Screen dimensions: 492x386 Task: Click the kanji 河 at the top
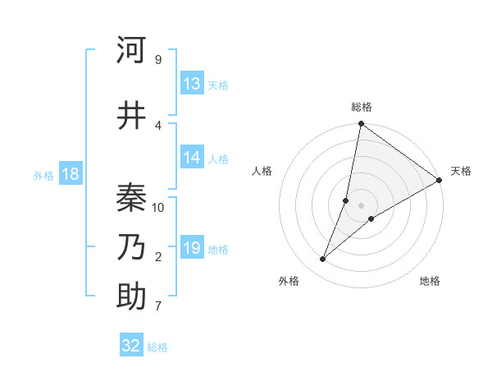[x=131, y=51]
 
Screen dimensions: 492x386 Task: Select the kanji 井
[x=131, y=116]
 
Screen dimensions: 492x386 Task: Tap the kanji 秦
[x=131, y=198]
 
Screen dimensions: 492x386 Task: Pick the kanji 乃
[x=131, y=247]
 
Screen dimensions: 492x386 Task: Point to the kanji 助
[x=131, y=297]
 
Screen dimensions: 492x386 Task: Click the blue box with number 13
[x=192, y=84]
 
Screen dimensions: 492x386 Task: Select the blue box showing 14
[x=192, y=159]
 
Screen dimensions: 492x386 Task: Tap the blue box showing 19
[x=192, y=248]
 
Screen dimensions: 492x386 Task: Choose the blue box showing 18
[x=70, y=174]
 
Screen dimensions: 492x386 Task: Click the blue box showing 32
[x=131, y=346]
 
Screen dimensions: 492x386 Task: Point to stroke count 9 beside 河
[x=157, y=59]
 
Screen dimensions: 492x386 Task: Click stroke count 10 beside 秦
[x=158, y=207]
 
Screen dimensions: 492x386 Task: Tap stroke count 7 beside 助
[x=157, y=306]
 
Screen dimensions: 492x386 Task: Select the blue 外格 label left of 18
[x=43, y=175]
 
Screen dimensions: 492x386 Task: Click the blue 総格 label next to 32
[x=157, y=347]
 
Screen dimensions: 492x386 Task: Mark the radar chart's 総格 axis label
[x=361, y=107]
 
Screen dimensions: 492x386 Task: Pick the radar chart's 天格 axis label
[x=461, y=171]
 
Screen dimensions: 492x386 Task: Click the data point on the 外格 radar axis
[x=323, y=260]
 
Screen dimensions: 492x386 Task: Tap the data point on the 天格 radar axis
[x=440, y=181]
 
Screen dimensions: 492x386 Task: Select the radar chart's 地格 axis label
[x=430, y=281]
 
